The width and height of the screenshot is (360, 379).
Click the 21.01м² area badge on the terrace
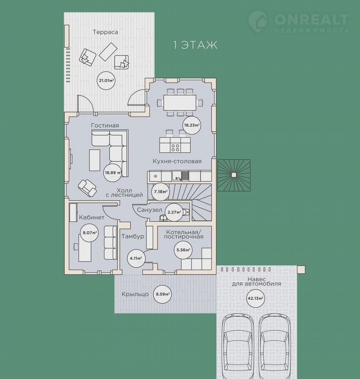pos(106,80)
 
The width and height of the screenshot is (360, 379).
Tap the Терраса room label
pos(105,32)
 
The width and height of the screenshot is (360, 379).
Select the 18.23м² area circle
pos(192,125)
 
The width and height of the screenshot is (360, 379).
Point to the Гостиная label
pos(105,125)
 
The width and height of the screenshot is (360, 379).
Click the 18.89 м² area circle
pos(112,172)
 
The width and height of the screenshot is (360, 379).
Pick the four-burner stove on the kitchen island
pos(175,147)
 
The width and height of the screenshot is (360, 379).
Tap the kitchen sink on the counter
pos(180,176)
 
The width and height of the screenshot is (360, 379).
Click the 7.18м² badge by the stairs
pos(160,192)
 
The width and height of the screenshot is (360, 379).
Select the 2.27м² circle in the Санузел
pos(174,212)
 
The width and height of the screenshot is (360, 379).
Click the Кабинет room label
pos(92,217)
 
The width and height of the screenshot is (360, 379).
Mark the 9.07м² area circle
pos(89,233)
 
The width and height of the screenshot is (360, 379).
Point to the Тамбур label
pos(133,236)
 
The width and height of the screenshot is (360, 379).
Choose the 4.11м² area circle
pos(136,258)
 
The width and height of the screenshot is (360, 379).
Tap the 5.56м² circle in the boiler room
pos(183,250)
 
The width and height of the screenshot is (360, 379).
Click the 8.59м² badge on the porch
pos(163,294)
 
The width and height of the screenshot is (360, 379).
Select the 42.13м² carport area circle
pos(255,298)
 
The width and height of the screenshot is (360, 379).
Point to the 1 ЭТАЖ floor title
pos(195,45)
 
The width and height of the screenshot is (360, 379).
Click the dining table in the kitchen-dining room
pos(180,102)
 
